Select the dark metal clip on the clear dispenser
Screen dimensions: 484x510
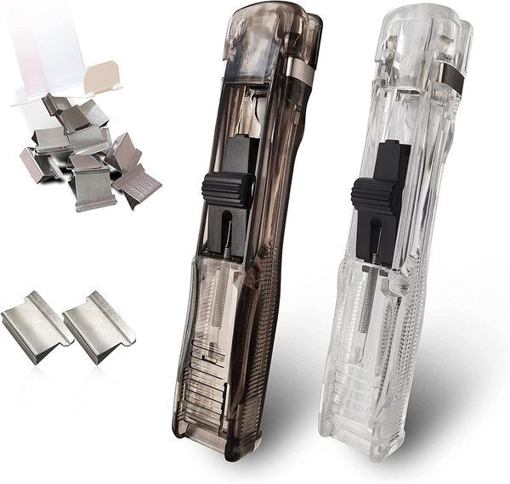(x=451, y=78)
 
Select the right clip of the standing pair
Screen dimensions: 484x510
(x=99, y=326)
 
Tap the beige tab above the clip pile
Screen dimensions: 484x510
(x=103, y=77)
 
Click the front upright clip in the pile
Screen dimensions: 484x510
(x=93, y=187)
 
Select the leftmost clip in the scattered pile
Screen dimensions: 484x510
(x=37, y=164)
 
